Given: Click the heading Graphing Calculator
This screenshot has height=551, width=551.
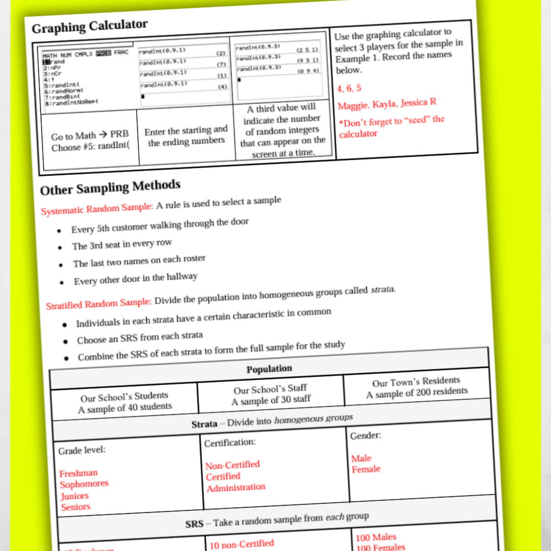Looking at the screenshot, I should pos(90,26).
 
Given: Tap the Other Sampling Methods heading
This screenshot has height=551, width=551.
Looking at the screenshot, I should pos(110,187).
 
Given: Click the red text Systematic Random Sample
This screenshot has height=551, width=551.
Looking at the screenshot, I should pos(97,209).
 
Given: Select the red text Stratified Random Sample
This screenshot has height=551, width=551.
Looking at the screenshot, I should pos(98,305).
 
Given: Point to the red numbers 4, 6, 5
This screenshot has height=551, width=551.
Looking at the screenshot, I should pos(349,88).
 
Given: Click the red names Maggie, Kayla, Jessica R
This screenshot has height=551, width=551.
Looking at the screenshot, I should pos(387,104).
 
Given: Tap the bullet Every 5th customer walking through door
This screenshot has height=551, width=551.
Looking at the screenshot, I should pos(160,226).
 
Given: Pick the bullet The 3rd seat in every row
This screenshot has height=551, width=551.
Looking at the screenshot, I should pos(122,244).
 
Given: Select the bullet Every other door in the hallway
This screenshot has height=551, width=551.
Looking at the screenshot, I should pos(135,279).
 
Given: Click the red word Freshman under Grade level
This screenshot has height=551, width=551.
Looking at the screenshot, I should pos(78,473).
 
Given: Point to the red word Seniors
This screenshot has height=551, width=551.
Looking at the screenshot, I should pos(76,507).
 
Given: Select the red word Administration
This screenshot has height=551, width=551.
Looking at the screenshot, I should pos(236,488).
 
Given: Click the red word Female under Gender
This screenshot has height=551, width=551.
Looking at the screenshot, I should pos(366,469).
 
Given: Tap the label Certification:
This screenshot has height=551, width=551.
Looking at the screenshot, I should pos(230,442).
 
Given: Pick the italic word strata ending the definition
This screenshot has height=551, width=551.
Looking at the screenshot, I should pos(382,290).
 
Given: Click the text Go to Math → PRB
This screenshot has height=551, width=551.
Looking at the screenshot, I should pos(90,136).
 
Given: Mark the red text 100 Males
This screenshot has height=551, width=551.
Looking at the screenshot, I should pos(376,537).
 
